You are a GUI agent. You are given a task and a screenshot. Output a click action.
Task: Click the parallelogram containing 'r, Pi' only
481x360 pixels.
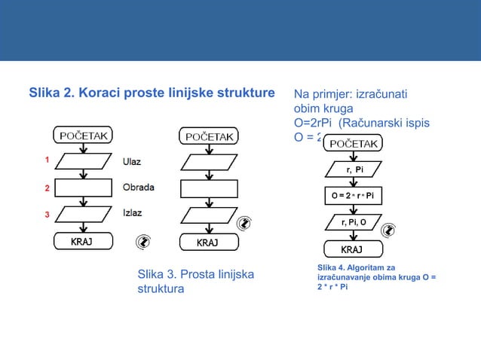[354, 169]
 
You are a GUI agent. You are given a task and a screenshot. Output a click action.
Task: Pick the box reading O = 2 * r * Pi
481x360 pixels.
[354, 197]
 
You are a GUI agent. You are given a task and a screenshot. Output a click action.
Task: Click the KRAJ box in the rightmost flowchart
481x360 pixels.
[352, 249]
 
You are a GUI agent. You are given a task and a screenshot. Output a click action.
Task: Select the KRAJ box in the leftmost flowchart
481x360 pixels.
[83, 241]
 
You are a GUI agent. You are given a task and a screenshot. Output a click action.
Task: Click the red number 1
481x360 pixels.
[46, 160]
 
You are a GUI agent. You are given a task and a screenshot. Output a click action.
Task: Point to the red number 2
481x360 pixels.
[46, 188]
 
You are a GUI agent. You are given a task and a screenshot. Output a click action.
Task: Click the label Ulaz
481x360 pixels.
[133, 161]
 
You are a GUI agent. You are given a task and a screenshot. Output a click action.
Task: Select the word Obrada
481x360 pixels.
[139, 187]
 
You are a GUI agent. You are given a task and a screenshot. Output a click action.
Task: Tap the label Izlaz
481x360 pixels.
[133, 213]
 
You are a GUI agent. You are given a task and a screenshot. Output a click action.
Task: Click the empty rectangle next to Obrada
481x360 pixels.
[82, 188]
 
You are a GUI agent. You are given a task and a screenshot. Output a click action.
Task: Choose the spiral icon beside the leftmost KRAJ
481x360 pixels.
[143, 242]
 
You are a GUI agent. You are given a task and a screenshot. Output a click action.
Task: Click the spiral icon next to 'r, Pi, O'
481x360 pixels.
[389, 230]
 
